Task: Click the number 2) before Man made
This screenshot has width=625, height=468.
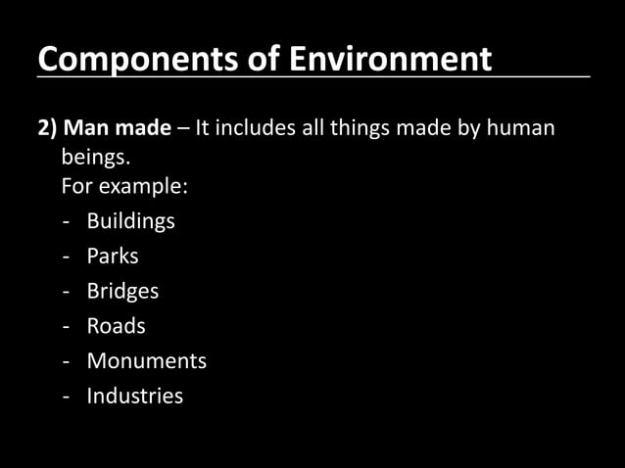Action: coord(48,129)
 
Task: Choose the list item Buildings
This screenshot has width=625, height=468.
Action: coord(130,221)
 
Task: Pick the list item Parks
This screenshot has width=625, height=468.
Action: coord(113,257)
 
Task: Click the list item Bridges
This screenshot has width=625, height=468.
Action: coord(122,291)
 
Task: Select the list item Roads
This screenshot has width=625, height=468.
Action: coord(116,326)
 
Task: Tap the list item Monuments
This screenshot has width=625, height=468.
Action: coord(146,361)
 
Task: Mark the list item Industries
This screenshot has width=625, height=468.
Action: coord(134,397)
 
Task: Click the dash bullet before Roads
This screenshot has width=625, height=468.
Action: coord(65,327)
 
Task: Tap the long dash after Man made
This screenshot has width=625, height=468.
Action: coord(184,130)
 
